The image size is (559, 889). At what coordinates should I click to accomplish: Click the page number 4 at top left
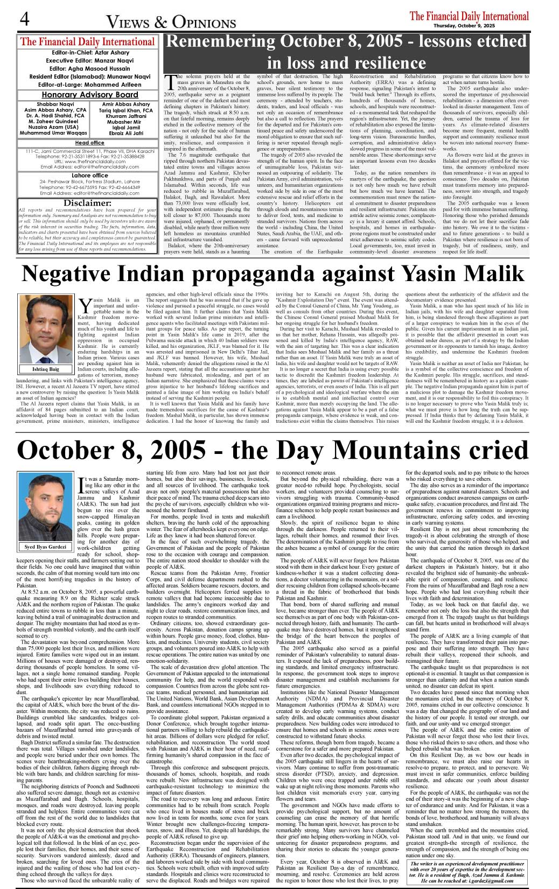pyautogui.click(x=24, y=19)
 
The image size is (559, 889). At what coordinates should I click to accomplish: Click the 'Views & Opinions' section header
pyautogui.click(x=171, y=22)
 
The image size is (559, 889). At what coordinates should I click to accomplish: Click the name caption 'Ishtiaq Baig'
pyautogui.click(x=46, y=369)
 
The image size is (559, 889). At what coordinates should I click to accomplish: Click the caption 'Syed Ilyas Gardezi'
pyautogui.click(x=45, y=547)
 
